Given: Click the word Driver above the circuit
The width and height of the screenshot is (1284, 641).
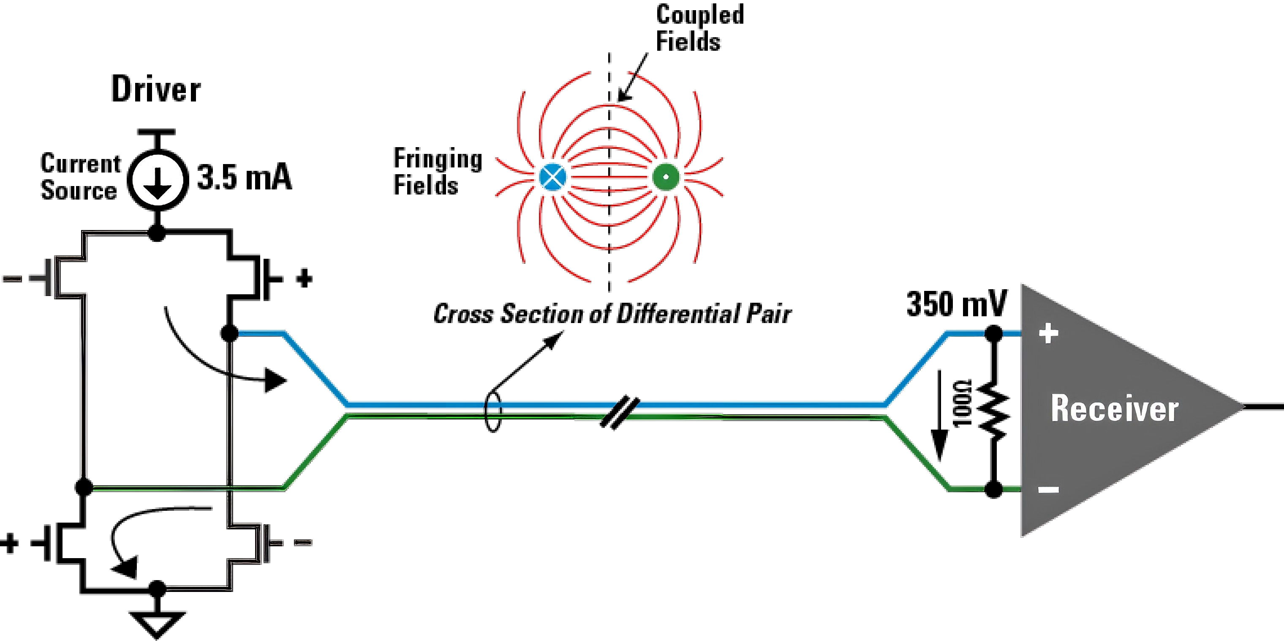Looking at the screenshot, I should pos(156,89).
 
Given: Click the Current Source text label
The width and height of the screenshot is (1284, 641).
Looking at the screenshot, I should pos(80,177).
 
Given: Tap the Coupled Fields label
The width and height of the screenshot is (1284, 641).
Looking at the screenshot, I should pos(699,28).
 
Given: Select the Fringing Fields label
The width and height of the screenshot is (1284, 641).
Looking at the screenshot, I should pos(438,172).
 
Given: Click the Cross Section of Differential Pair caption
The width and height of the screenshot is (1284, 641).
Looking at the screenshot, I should pos(612,314).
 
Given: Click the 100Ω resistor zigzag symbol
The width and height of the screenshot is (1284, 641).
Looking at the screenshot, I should pos(993,411).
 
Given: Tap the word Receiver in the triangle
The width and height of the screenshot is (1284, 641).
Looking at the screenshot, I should pos(1115,408).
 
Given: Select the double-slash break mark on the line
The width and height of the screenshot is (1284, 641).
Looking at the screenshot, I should pos(620,413).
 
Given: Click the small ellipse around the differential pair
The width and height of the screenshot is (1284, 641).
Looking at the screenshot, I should pos(493,411).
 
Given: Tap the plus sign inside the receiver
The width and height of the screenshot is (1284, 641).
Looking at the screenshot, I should pos(1048,333).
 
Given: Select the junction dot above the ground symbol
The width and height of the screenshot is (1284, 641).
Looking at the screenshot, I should pos(158,589).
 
